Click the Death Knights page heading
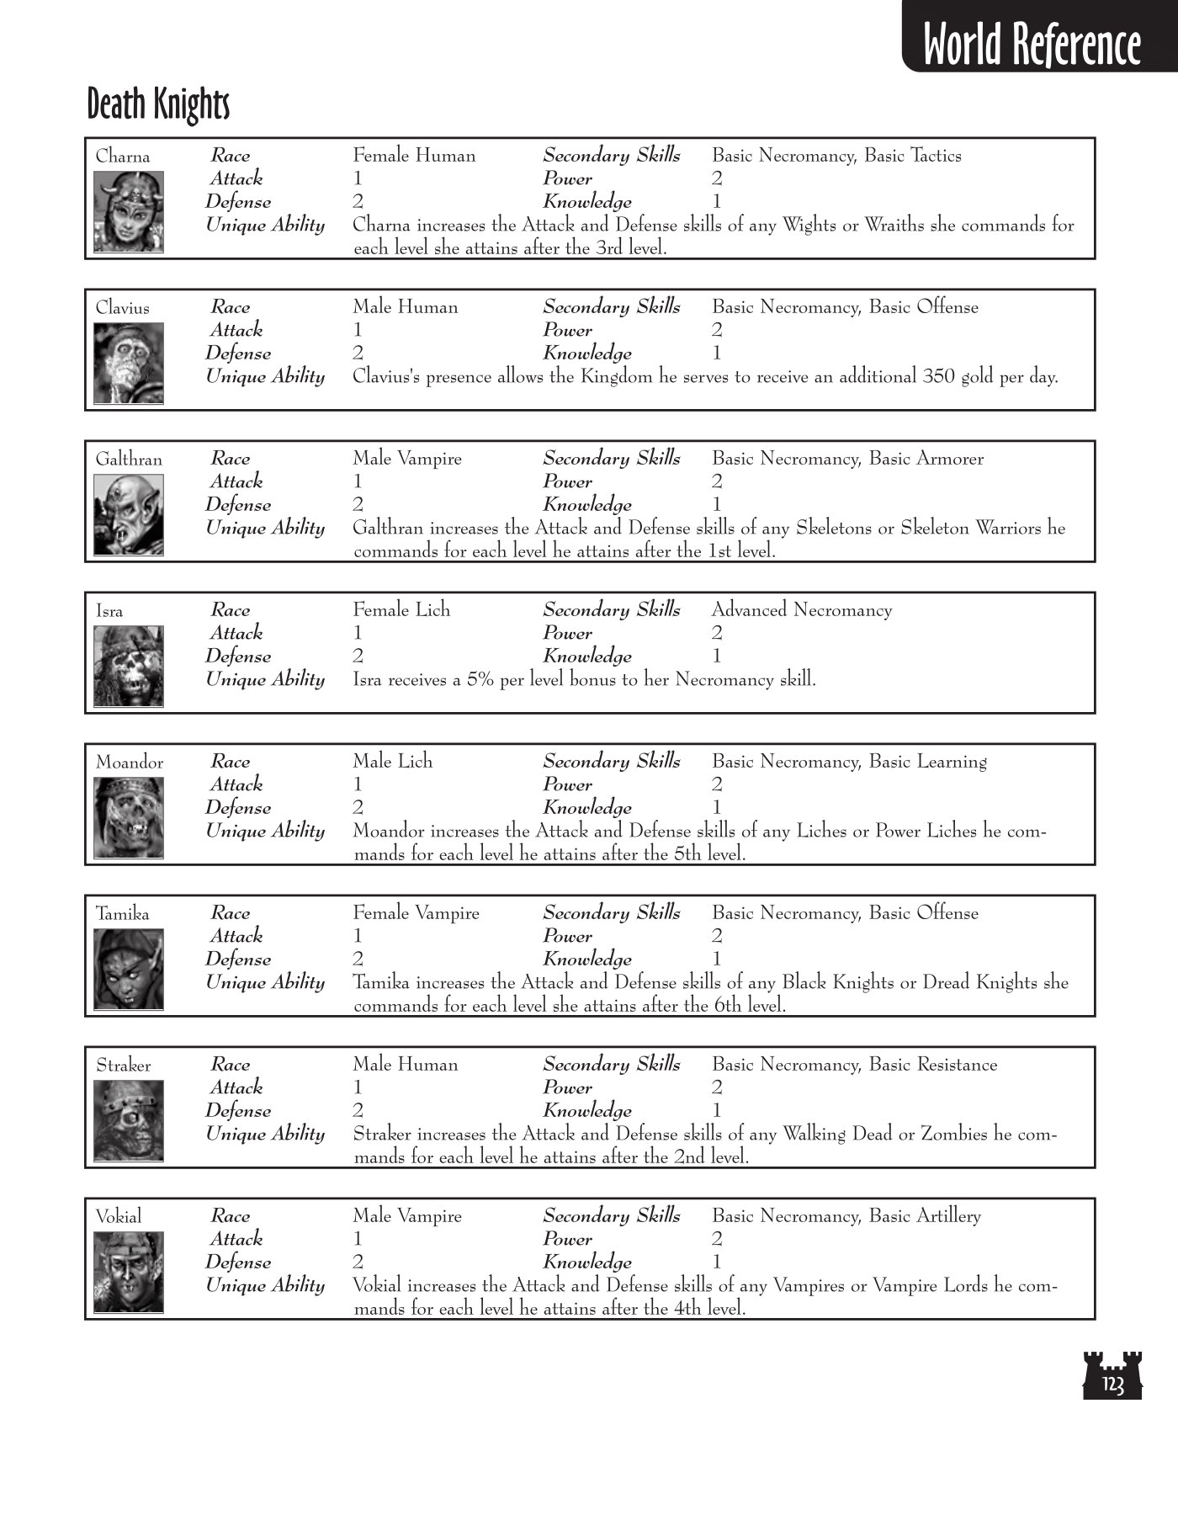point(158,104)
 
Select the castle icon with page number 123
point(1112,1375)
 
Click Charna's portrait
point(129,212)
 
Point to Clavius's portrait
point(129,364)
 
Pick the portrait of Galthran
point(129,515)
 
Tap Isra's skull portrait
point(129,667)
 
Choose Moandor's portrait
point(129,818)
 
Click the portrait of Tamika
point(129,970)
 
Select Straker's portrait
point(129,1121)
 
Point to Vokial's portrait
point(129,1273)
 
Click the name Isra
point(109,611)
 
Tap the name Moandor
point(130,763)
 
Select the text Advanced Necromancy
point(802,610)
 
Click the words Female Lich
point(401,610)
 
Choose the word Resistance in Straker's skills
point(957,1065)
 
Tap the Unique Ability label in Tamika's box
point(265,982)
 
